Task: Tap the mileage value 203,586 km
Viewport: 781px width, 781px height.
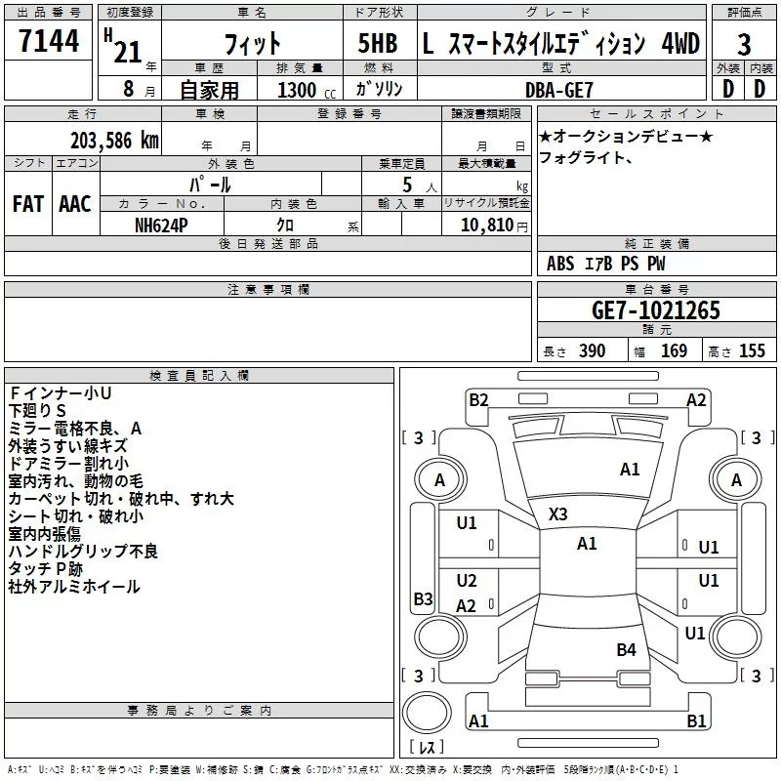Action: (113, 140)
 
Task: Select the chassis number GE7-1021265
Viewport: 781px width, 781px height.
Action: (656, 310)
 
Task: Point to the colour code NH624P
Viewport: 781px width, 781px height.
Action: (162, 223)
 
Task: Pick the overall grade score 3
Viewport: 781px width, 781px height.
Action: (744, 44)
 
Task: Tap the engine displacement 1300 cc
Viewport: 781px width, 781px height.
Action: (299, 90)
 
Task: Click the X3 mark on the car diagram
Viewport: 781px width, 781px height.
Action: (558, 514)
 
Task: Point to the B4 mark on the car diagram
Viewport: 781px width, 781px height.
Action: (626, 649)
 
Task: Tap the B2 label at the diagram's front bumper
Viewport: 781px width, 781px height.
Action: (478, 399)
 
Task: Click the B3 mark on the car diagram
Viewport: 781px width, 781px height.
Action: (423, 598)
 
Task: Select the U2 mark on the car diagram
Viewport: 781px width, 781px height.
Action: (467, 581)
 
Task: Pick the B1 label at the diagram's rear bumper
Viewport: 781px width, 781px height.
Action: (696, 721)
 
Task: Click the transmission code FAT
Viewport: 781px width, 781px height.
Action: (28, 204)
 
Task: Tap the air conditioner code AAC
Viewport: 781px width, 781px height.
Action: (74, 204)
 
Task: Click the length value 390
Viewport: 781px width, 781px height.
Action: (593, 351)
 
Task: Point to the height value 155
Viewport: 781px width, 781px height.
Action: (752, 351)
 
